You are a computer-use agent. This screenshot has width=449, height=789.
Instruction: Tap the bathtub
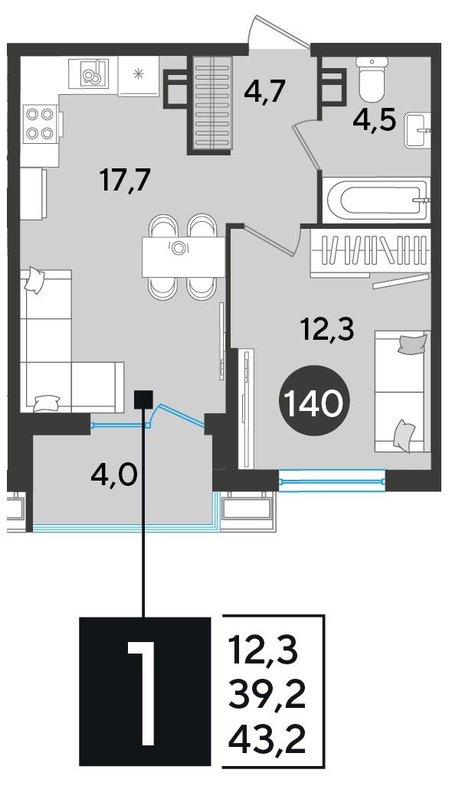[376, 200]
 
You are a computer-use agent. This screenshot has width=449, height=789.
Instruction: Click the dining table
[183, 256]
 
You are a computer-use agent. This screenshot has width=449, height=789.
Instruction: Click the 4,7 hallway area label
[264, 93]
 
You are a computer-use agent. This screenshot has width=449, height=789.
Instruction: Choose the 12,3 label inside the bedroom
[327, 331]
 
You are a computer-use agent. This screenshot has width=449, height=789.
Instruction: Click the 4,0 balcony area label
[114, 474]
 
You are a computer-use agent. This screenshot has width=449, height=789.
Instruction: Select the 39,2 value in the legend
[267, 699]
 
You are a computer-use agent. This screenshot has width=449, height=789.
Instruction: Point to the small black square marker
[144, 399]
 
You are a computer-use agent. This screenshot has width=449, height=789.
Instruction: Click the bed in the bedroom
[402, 391]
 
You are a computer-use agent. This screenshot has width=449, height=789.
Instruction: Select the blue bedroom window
[332, 481]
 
